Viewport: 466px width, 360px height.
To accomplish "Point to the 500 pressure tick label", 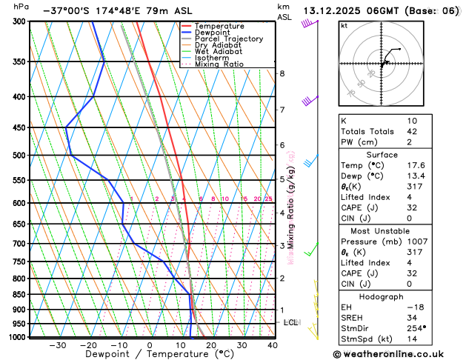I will (x=19, y=156).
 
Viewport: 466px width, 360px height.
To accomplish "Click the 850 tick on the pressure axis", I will (x=19, y=295).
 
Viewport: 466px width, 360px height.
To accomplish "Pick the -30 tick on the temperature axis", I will (x=58, y=345).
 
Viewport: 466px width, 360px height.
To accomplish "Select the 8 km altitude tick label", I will (x=282, y=73).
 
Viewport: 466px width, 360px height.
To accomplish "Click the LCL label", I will (x=290, y=323).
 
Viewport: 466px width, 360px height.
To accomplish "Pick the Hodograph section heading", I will (x=397, y=296).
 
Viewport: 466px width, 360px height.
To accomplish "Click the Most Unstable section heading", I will (x=397, y=230).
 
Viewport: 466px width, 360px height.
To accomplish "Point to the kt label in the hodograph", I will (x=344, y=25).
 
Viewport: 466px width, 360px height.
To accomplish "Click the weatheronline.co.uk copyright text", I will (x=397, y=355).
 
